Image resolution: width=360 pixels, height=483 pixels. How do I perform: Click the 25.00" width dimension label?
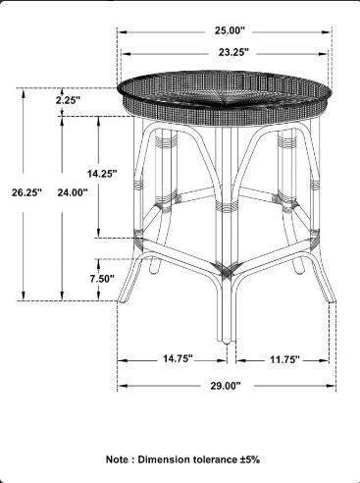coord(230,30)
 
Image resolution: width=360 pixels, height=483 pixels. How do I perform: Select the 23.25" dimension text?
coord(233,52)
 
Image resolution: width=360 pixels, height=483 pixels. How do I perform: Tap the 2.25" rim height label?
coord(68,100)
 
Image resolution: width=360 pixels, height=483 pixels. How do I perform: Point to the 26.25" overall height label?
coord(27,192)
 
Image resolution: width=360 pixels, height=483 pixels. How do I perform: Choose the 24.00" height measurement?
coord(73,192)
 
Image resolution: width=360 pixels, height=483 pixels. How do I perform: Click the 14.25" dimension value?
coord(102,174)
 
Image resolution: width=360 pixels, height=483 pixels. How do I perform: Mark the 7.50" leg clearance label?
coord(102,279)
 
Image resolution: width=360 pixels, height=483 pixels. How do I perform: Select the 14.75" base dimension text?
coord(179,358)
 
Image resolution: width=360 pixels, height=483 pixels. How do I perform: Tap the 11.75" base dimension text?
coord(284,359)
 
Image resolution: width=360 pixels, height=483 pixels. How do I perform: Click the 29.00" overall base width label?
coord(226,386)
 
